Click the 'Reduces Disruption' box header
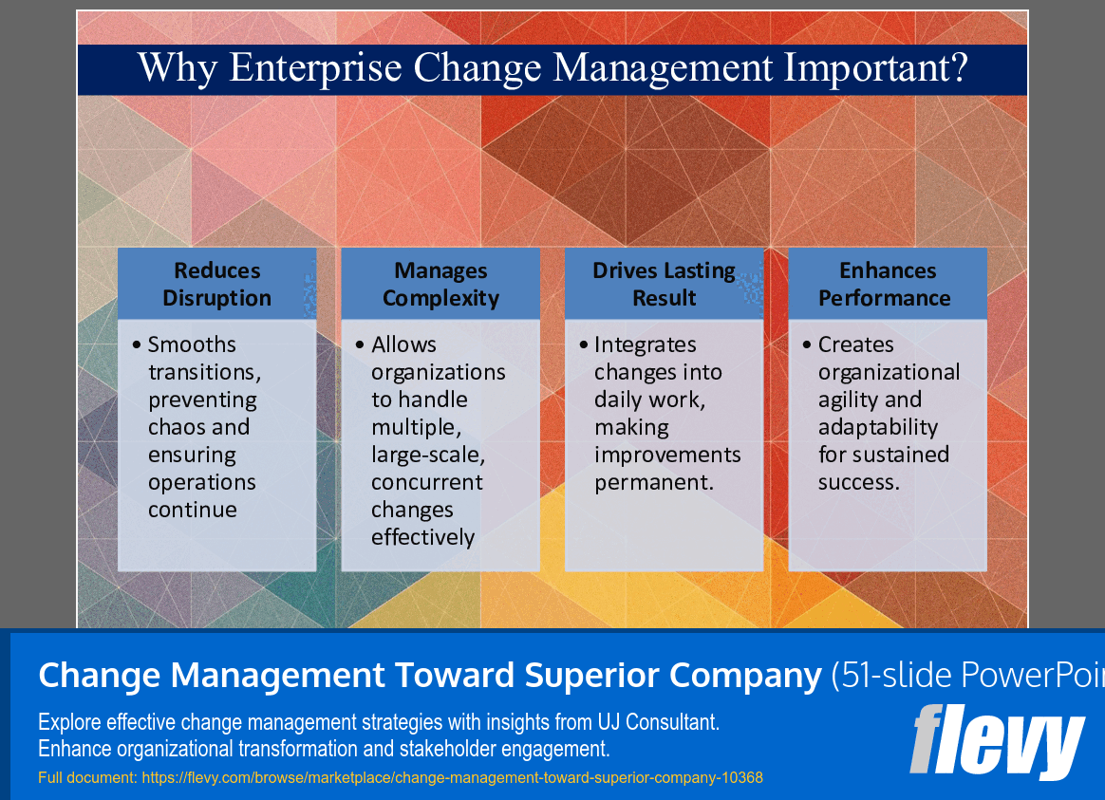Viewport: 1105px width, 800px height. pos(216,284)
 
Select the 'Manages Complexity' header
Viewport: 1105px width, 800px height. pos(440,284)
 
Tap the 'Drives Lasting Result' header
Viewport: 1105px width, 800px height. pos(664,284)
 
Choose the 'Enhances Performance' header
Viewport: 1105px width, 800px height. pos(887,284)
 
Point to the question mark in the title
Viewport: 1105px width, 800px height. pos(958,69)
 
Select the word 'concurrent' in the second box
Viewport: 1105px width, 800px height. pos(427,482)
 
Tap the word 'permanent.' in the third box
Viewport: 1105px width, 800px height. pos(653,482)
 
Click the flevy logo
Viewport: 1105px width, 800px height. pos(997,740)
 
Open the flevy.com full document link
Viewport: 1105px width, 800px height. pos(452,778)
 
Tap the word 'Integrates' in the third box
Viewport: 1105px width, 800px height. pos(646,344)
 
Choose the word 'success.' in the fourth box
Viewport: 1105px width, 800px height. pos(858,482)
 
